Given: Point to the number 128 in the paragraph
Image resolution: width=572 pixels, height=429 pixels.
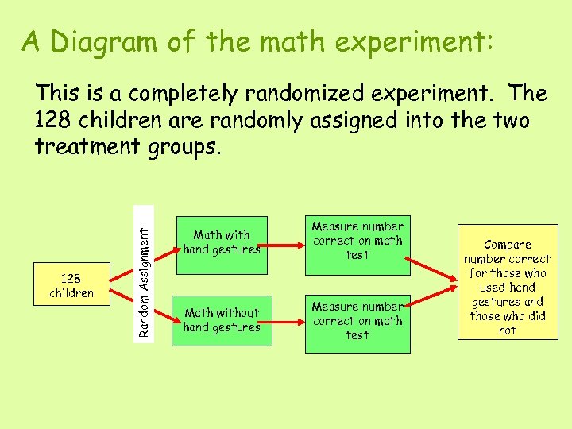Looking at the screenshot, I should click(56, 121).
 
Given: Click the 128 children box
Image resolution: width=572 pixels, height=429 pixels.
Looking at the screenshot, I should click(71, 286).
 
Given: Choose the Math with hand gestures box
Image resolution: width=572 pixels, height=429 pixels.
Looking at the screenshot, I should click(222, 242).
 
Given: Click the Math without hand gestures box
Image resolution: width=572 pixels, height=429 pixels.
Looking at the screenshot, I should click(222, 320).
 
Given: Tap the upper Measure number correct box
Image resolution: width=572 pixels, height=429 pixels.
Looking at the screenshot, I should click(357, 241).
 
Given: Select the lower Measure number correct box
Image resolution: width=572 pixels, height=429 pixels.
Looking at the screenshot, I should click(357, 321).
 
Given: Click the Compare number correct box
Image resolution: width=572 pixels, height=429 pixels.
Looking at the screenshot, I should click(508, 287).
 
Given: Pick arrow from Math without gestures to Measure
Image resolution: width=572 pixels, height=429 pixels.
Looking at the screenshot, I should click(286, 320).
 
